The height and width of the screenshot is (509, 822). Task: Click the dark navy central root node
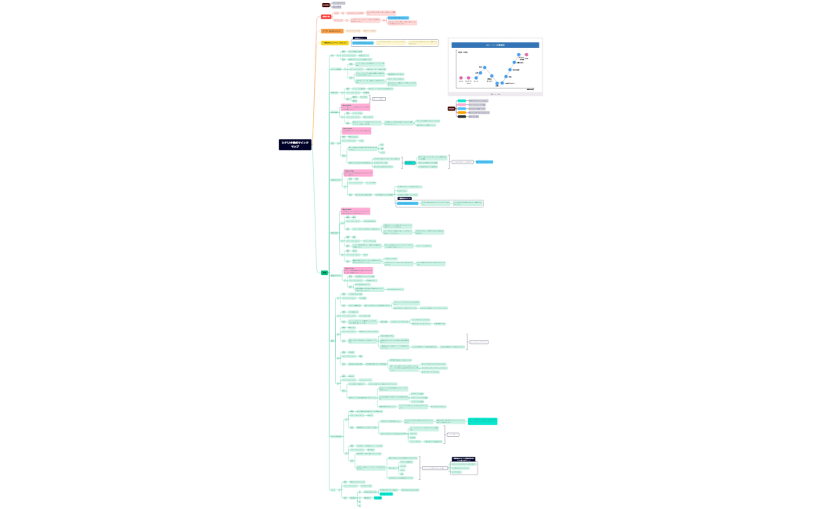coord(295,145)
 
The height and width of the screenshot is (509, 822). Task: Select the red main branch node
coord(326,16)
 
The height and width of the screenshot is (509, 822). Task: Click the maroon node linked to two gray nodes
coord(326,5)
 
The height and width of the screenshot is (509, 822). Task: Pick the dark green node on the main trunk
coord(324,273)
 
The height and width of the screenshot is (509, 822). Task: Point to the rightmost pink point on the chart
coord(527,55)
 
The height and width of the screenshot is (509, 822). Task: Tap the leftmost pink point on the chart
coord(461,78)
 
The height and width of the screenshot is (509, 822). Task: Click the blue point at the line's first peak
coord(485,67)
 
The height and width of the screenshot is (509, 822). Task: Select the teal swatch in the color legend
coord(462,101)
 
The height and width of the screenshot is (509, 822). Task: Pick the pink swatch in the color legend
coord(462,105)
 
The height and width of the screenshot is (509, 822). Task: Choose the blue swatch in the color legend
coord(462,109)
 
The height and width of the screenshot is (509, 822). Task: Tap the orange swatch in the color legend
coord(462,113)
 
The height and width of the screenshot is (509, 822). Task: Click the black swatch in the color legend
coord(462,117)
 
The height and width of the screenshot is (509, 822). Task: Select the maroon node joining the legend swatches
coord(451,109)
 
